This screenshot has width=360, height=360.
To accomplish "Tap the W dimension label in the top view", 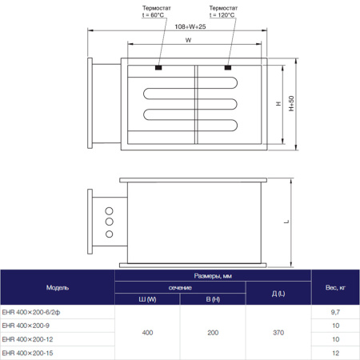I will click(x=187, y=39).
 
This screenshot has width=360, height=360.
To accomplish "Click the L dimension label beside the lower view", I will click(x=286, y=222).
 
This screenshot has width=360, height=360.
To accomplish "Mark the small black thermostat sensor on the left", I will click(x=158, y=67).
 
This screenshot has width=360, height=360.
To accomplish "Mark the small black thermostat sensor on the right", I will click(x=229, y=67).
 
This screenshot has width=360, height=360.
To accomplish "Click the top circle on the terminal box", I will click(x=107, y=211).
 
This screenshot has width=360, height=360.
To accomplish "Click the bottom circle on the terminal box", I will click(x=107, y=236).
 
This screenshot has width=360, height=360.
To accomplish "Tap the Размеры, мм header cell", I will click(x=213, y=275).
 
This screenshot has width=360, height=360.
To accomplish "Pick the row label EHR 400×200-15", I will click(x=30, y=352).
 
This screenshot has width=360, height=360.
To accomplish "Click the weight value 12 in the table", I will click(x=335, y=352).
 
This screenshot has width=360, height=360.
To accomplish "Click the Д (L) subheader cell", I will click(x=278, y=294).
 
